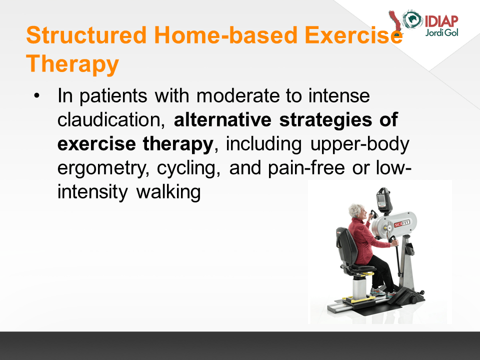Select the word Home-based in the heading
click(226, 35)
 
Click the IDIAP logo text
click(441, 21)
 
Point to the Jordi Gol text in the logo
click(441, 32)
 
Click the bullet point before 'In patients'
click(36, 95)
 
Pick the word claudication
click(111, 119)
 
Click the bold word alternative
click(222, 119)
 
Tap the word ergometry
click(103, 168)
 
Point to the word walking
click(168, 192)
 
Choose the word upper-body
click(359, 144)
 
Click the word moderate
click(238, 96)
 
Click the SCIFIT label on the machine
click(401, 224)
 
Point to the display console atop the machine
click(384, 200)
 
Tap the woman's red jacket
click(365, 240)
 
